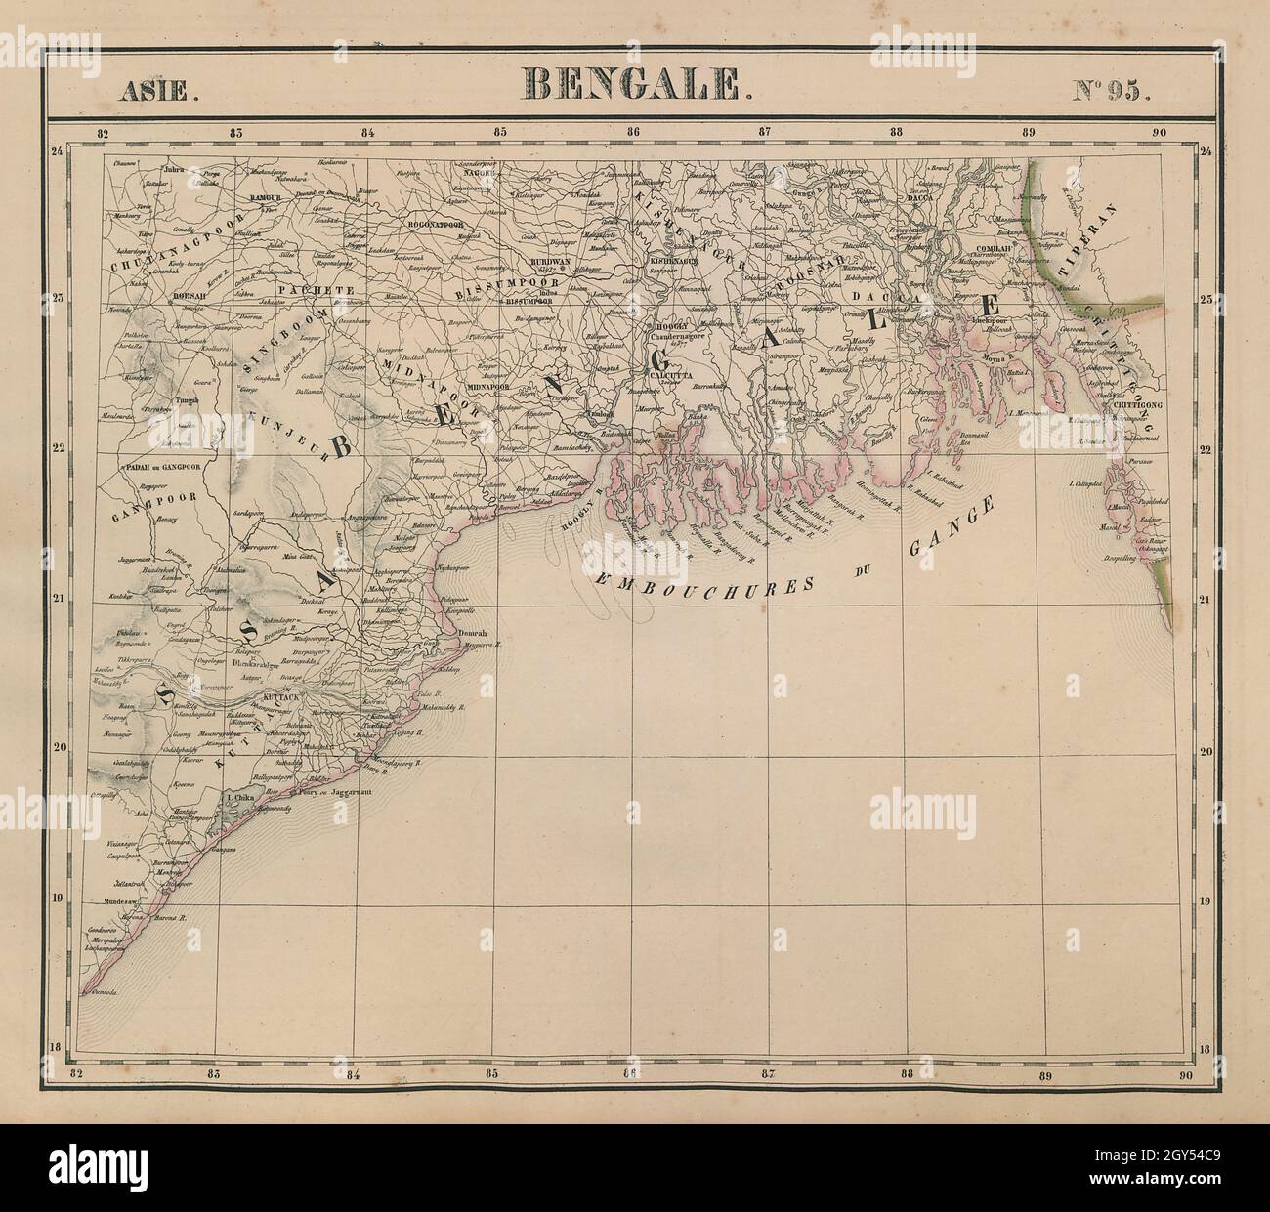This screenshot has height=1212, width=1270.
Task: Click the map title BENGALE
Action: [x=635, y=86]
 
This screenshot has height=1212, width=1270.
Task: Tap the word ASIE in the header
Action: [x=158, y=90]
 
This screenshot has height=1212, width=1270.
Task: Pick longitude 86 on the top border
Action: [x=633, y=133]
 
